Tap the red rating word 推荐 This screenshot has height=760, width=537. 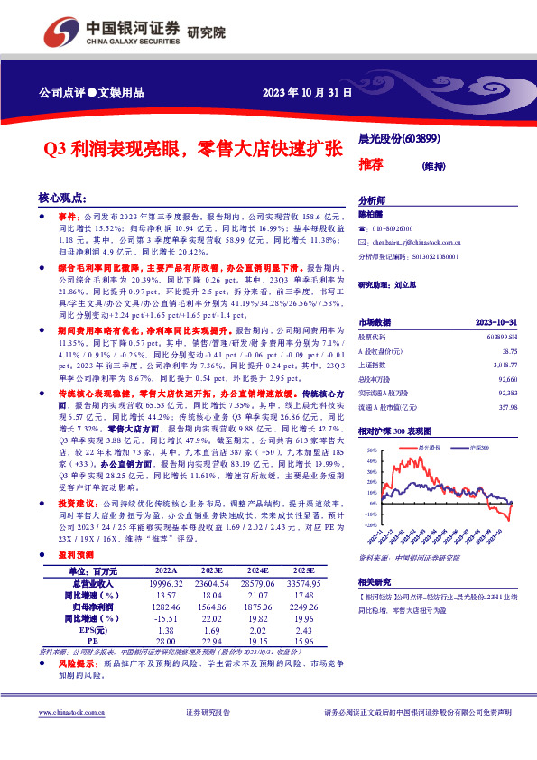(370, 164)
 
